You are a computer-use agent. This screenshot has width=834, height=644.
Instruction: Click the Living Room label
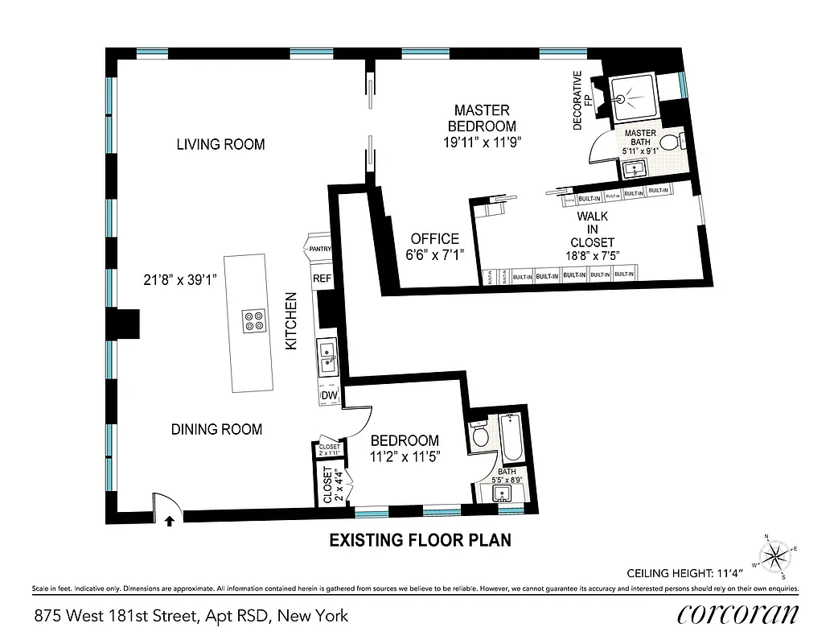(x=220, y=145)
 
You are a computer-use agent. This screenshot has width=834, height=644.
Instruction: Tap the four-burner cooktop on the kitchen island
(x=253, y=321)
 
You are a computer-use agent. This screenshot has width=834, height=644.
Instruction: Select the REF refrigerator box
(x=322, y=279)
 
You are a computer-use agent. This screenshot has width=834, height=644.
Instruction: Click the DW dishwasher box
(x=329, y=395)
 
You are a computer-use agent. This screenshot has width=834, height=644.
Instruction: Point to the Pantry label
(x=319, y=250)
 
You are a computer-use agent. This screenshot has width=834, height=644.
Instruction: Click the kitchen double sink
(x=327, y=357)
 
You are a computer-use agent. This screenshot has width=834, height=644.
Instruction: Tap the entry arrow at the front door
(x=169, y=521)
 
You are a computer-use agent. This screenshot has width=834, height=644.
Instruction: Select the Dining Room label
(x=216, y=429)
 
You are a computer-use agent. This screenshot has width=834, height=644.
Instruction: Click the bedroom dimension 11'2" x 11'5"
(x=405, y=456)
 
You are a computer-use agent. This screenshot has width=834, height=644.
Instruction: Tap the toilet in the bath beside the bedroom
(x=480, y=436)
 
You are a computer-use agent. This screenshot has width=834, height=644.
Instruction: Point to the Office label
(x=434, y=239)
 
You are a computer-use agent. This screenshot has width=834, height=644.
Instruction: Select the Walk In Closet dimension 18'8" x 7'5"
(x=592, y=257)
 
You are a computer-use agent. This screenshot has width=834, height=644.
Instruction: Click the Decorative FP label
(x=581, y=100)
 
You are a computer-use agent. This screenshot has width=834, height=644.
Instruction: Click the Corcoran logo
(x=738, y=615)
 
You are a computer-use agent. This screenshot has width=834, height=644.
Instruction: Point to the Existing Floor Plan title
(x=420, y=540)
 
